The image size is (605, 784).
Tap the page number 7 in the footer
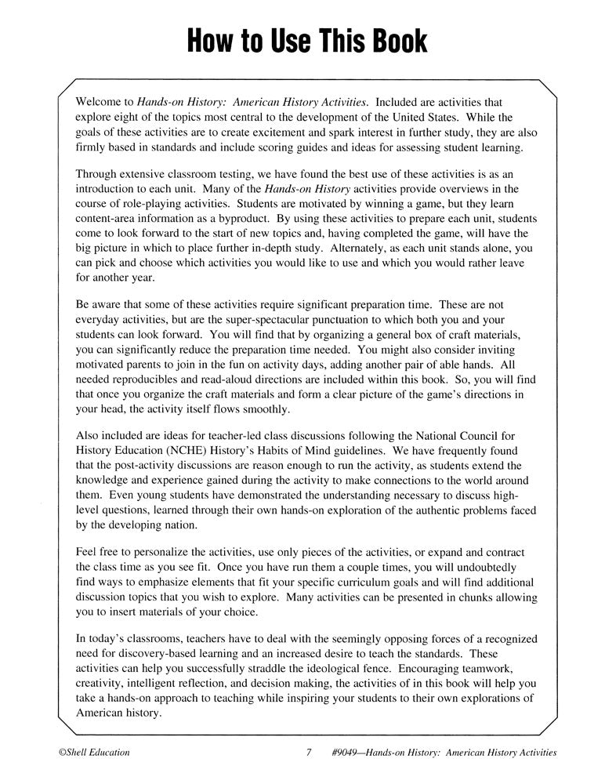(309, 752)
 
